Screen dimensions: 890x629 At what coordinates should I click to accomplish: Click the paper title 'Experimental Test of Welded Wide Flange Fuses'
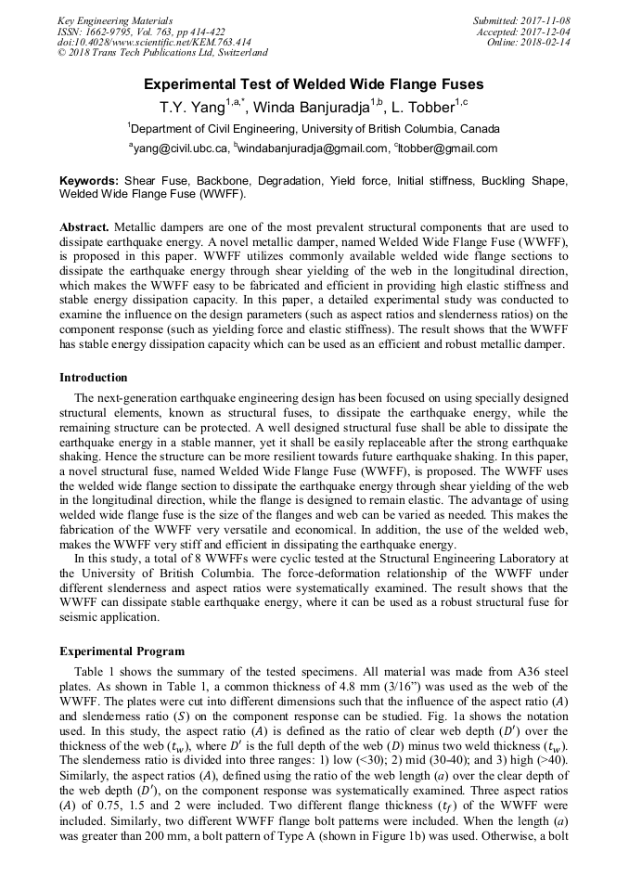[314, 83]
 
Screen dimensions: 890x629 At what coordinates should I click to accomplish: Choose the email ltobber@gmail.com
[448, 148]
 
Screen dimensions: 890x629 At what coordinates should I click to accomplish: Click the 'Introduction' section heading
[93, 378]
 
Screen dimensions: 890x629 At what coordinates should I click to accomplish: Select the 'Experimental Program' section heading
[122, 651]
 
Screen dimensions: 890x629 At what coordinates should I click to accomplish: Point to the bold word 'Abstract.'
[84, 227]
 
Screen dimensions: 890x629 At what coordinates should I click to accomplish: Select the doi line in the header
[154, 43]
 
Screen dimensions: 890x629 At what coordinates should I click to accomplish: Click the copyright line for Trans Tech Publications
[162, 53]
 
